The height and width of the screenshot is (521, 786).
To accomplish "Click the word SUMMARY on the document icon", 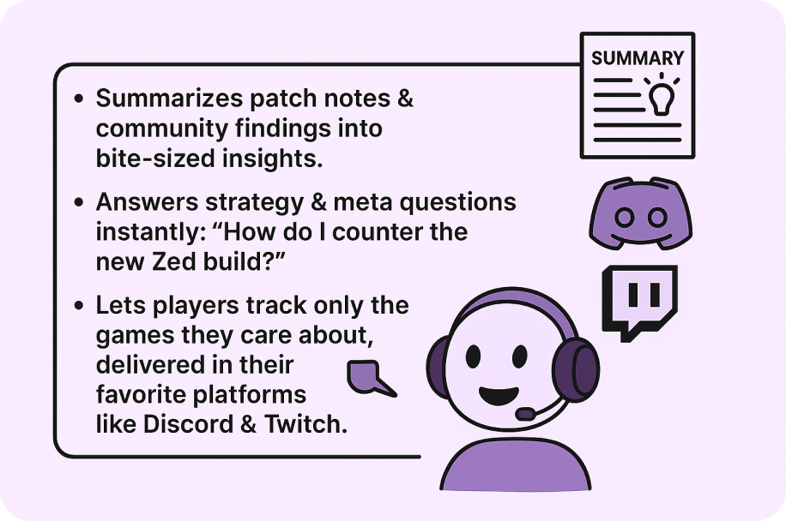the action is [637, 58].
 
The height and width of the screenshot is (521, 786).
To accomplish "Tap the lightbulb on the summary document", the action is [662, 99].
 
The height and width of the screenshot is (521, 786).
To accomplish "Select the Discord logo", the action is [641, 213].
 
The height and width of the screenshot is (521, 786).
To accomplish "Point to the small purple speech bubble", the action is [367, 377].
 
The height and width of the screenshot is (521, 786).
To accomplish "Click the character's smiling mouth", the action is [499, 395].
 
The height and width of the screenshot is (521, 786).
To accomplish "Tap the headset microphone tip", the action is [525, 414].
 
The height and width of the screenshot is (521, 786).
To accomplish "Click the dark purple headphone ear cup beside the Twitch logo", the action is [577, 369].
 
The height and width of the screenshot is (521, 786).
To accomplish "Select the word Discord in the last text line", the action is [188, 424].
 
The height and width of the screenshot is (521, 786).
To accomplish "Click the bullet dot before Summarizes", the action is [79, 99].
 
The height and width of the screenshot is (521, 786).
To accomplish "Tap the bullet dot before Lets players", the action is [79, 305].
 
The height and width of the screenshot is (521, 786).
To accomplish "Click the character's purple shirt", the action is [516, 465].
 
